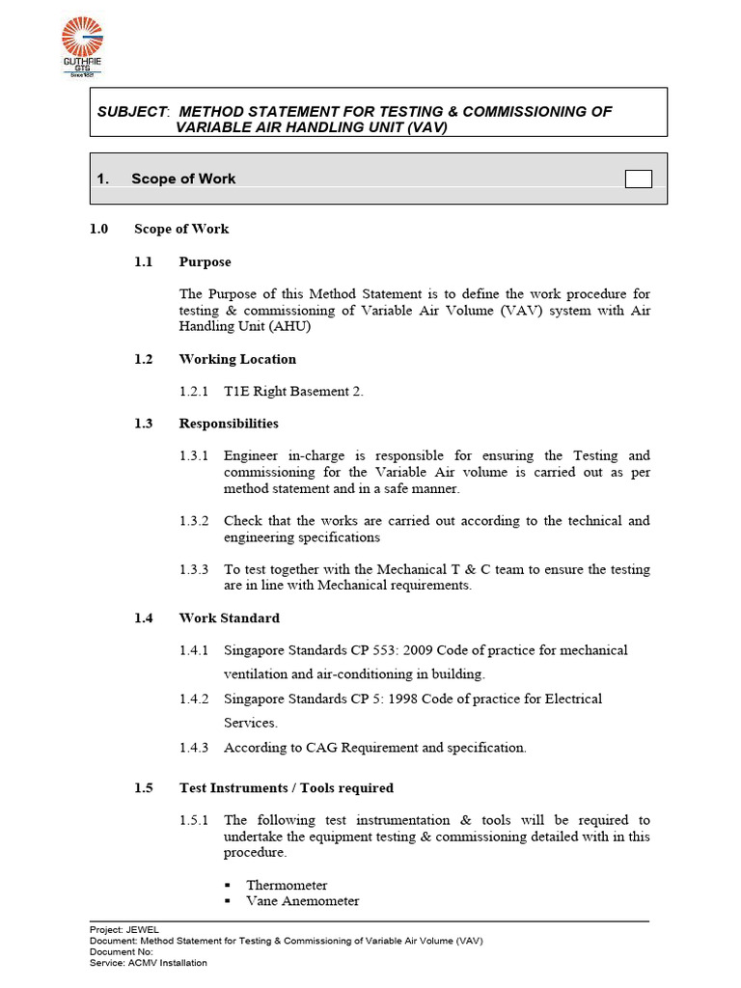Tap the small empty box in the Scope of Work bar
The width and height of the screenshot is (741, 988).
pos(638,178)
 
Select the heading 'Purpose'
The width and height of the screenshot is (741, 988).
pos(205,261)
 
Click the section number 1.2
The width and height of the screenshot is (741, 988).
pos(144,359)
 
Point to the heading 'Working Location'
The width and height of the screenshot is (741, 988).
pos(237,359)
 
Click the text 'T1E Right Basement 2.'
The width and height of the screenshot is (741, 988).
pos(293,391)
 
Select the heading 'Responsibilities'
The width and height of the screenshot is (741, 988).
pos(229,424)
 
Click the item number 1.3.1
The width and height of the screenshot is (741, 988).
pos(194,455)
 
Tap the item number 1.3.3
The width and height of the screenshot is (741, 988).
pos(194,569)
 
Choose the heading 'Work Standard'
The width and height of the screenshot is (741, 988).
pos(229,617)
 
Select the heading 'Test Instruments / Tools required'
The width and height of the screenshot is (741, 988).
pos(286,788)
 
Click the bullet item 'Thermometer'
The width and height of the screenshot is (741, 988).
pos(287,885)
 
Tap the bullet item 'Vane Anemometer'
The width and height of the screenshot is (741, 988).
pos(302,901)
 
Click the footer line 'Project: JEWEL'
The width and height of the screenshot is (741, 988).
pos(124,929)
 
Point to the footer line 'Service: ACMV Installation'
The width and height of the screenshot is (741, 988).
pos(148,962)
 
